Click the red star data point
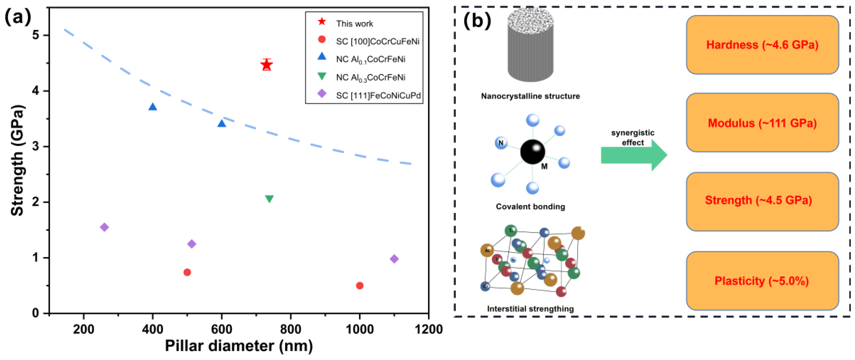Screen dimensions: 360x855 266,65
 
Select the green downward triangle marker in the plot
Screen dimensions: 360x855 270,199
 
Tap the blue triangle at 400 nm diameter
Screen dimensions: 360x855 153,107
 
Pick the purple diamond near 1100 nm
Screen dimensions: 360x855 394,259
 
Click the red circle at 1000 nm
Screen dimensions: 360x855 359,286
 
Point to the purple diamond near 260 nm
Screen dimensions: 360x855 104,227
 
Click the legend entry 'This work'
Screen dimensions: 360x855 354,23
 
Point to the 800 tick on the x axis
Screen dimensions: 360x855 291,329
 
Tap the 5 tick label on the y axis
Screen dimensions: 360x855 36,35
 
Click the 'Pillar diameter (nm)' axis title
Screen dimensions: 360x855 239,346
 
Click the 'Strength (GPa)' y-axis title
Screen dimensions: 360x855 17,160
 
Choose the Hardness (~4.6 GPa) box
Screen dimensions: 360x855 762,45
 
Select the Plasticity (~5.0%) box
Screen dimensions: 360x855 762,281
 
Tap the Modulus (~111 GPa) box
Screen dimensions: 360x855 762,123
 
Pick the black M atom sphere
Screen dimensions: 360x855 532,152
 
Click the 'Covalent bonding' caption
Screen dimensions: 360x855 530,206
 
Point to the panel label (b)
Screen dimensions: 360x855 477,21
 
